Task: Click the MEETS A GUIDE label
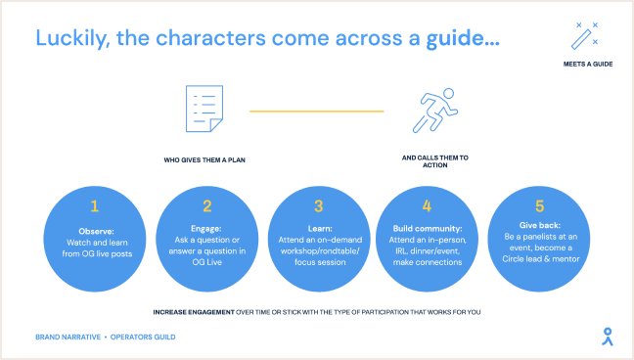588,64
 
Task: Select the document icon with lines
204,109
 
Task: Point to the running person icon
434,110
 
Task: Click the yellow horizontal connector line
317,111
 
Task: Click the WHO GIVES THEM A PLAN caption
204,159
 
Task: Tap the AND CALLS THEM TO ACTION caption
435,161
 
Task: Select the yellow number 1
95,205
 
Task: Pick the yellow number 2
207,205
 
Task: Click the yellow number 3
319,205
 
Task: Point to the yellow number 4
427,205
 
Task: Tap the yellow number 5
539,205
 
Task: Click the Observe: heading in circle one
96,232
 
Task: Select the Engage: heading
206,229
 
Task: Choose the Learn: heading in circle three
320,229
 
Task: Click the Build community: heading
428,229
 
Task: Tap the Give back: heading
540,225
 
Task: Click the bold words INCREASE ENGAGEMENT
194,312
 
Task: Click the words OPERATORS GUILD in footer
143,337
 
